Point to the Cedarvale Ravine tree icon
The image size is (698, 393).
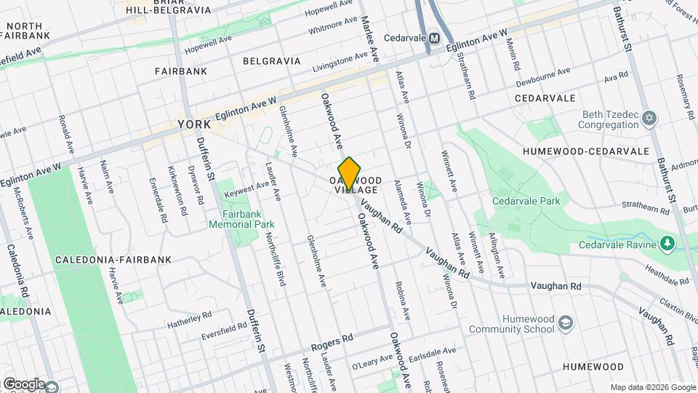click(x=667, y=243)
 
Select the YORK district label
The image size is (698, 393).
click(x=194, y=125)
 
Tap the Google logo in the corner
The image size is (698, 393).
click(x=24, y=384)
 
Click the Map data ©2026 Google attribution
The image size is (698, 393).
click(x=652, y=387)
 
